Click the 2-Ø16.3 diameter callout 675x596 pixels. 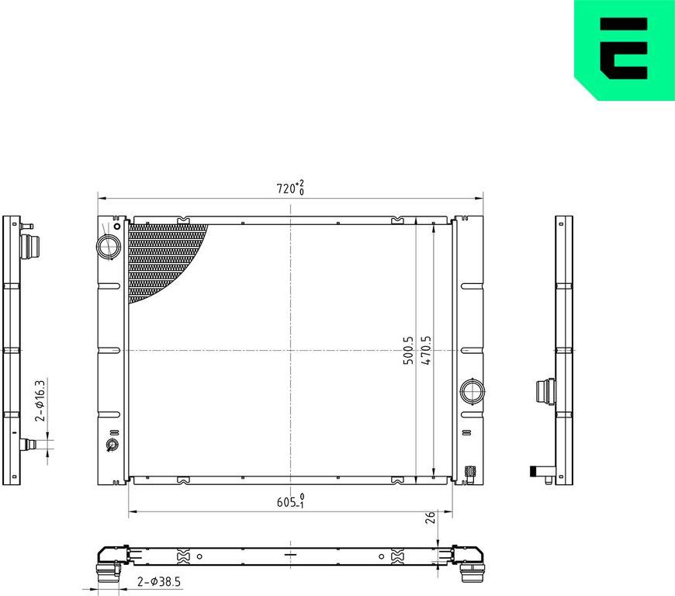click(x=41, y=400)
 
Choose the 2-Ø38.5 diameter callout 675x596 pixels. click(x=159, y=581)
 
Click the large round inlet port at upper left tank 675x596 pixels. click(x=107, y=247)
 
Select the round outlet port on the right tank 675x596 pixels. click(x=471, y=390)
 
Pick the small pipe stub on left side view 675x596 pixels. click(x=31, y=445)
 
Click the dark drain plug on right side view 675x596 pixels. click(x=535, y=470)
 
